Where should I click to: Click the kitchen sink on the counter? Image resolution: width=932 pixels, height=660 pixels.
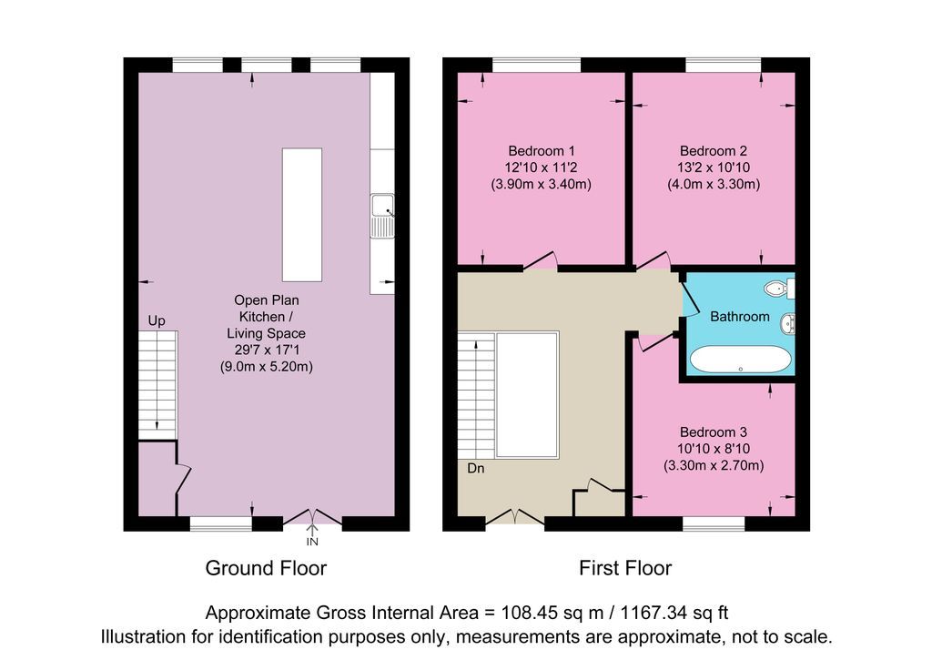382,216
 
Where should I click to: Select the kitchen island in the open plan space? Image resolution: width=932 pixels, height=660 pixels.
301,216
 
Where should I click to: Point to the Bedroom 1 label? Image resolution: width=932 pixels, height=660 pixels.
541,150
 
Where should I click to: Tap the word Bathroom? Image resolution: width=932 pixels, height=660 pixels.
739,317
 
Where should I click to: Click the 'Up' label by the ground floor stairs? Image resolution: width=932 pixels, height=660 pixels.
157,321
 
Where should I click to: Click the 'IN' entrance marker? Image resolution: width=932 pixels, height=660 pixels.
312,543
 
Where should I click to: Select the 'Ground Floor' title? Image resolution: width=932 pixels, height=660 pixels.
266,569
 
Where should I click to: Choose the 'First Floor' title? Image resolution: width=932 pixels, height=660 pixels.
625,569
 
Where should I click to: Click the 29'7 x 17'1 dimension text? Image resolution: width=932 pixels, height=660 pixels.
266,350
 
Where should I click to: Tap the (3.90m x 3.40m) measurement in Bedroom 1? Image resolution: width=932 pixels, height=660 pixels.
541,185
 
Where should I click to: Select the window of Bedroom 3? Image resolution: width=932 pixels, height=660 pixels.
714,523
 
